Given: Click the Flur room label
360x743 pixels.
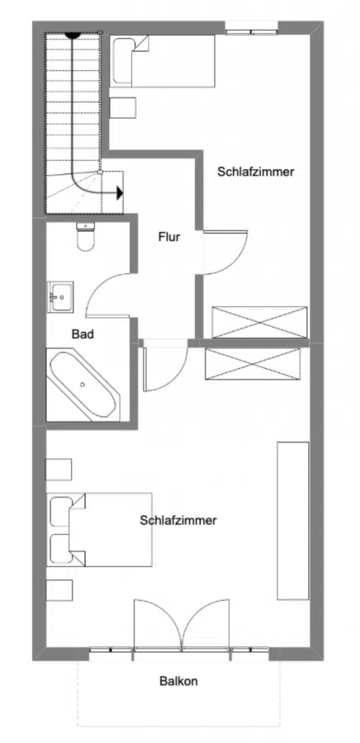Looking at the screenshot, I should click(x=168, y=237).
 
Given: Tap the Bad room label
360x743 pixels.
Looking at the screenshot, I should click(x=83, y=334).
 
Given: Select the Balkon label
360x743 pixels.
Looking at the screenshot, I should click(x=178, y=682).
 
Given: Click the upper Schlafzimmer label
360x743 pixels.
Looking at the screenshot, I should click(x=256, y=172).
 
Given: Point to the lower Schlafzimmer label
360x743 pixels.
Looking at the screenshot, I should click(x=178, y=521).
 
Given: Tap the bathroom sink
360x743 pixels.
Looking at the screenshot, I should click(x=60, y=296).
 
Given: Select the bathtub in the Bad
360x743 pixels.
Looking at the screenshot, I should click(x=83, y=385).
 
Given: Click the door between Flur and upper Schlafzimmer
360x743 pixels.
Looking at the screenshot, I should click(x=223, y=253).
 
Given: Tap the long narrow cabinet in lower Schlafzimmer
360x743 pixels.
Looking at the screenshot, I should click(x=292, y=520).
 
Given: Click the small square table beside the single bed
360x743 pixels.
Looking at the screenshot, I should click(x=124, y=109).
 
